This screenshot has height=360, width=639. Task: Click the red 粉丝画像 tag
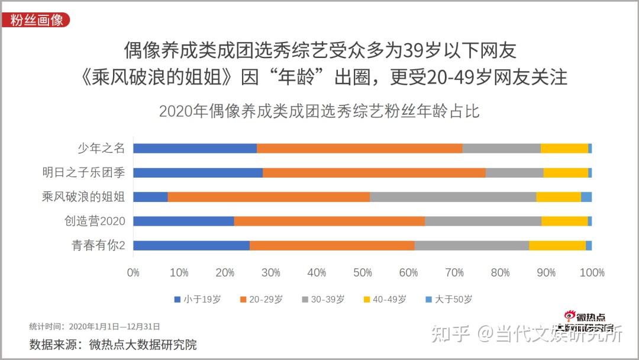37,20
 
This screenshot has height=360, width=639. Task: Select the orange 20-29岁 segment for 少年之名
359,148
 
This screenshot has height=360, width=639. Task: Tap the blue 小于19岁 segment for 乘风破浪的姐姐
150,197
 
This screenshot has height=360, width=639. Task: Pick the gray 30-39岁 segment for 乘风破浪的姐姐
453,197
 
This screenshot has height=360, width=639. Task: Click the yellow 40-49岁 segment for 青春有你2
557,245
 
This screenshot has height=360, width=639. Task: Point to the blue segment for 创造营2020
183,221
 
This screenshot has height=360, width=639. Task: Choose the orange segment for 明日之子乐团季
374,172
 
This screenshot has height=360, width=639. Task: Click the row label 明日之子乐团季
83,172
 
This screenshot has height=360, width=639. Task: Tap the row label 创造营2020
95,221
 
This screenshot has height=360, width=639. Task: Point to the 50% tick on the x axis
362,272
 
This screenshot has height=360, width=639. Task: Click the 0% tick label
133,272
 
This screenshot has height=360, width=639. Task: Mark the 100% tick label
592,272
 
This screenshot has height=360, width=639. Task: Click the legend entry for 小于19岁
198,300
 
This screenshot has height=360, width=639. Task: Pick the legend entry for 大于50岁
449,300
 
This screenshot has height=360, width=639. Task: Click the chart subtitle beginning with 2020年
319,111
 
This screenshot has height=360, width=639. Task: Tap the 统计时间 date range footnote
95,326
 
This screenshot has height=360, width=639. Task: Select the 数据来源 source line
113,344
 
